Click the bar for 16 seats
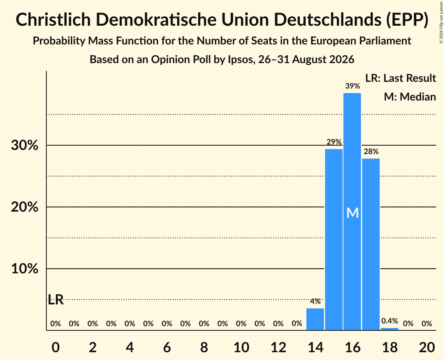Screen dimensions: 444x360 pos(352,212)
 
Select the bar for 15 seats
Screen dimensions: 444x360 pos(334,240)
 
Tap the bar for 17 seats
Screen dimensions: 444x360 pos(371,244)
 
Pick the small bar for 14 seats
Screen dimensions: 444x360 pos(315,319)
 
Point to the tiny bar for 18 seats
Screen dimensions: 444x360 pos(390,329)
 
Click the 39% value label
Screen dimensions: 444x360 pos(352,86)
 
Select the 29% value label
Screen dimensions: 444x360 pos(334,142)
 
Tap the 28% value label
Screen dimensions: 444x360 pos(371,152)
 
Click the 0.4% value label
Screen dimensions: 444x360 pos(390,321)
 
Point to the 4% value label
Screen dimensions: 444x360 pos(315,301)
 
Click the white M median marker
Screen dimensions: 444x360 pos(352,213)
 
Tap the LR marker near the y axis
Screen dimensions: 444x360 pos(56,300)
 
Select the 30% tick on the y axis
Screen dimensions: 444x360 pos(25,145)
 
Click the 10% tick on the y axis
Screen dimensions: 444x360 pos(25,268)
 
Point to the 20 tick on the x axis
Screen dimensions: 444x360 pos(427,347)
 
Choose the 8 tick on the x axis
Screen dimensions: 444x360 pos(204,347)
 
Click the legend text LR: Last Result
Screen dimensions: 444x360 pos(400,78)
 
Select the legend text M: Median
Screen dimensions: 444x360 pos(410,97)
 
